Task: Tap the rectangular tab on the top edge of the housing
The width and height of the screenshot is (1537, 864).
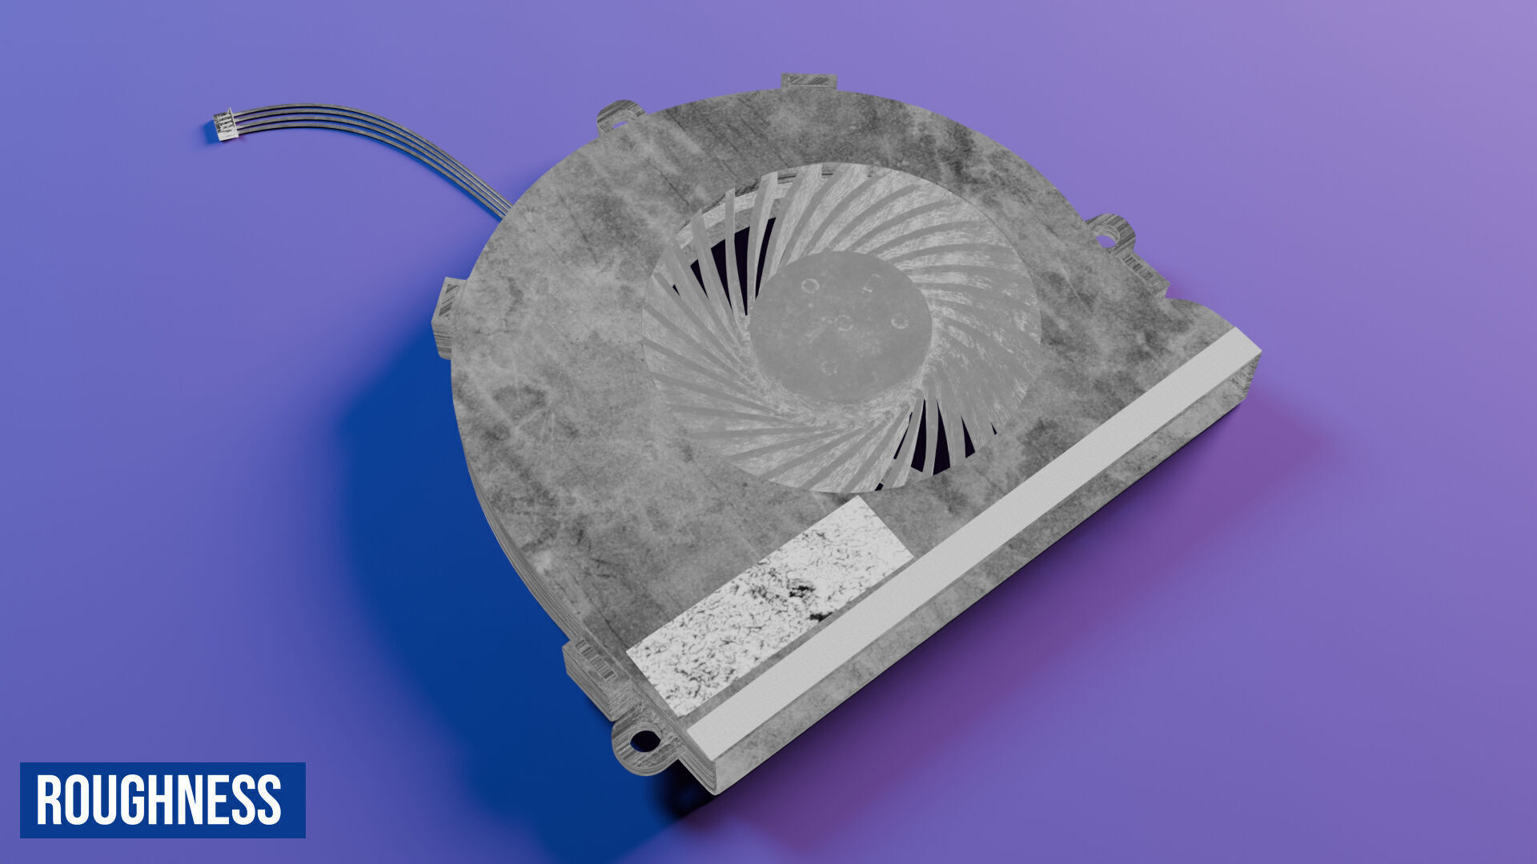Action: [808, 81]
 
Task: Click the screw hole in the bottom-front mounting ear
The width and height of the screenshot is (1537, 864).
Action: [644, 741]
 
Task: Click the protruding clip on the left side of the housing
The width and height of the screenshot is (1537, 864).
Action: [445, 317]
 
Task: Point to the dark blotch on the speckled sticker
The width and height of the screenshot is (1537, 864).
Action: [801, 596]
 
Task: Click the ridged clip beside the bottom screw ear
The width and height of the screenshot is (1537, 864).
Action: [592, 676]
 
